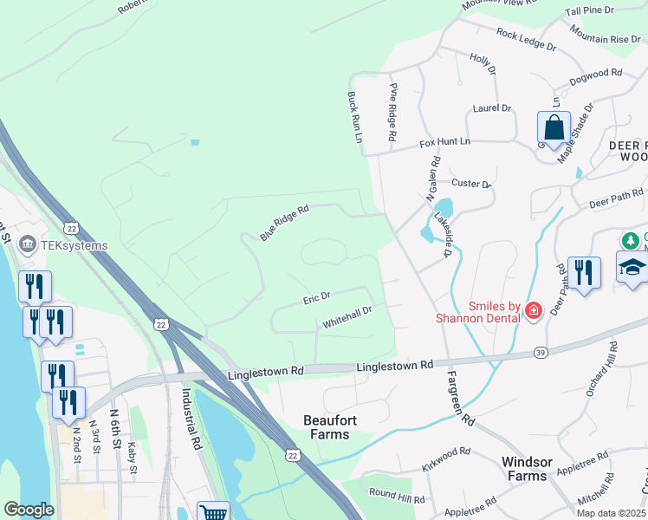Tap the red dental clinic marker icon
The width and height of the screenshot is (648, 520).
(x=533, y=310)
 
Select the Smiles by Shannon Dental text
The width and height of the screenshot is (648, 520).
(x=495, y=312)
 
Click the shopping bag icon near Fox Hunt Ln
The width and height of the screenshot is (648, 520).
(x=554, y=128)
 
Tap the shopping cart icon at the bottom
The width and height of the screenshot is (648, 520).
(x=213, y=513)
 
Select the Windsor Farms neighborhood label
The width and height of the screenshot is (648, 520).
(x=526, y=468)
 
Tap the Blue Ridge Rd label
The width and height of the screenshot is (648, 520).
(x=284, y=224)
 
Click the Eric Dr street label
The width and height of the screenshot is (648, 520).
(x=316, y=298)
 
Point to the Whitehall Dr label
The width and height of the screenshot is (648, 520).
(x=347, y=316)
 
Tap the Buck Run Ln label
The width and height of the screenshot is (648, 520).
(x=353, y=117)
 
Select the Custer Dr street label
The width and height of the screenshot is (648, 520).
(x=471, y=184)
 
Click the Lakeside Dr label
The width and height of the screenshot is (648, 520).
(x=444, y=234)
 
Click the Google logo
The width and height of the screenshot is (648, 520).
(x=29, y=510)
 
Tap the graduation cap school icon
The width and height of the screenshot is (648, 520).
(x=632, y=268)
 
